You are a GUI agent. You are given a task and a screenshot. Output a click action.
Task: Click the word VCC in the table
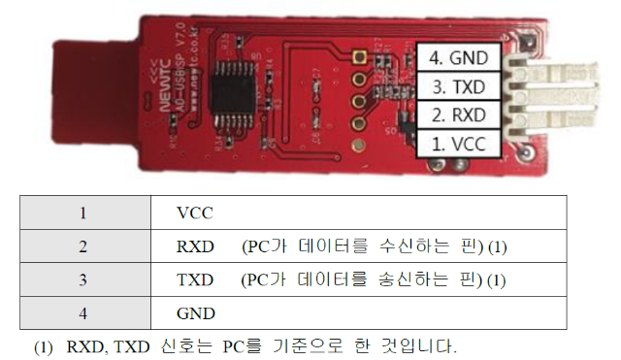coord(195,212)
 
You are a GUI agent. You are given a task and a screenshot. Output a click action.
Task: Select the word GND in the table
coord(196,313)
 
